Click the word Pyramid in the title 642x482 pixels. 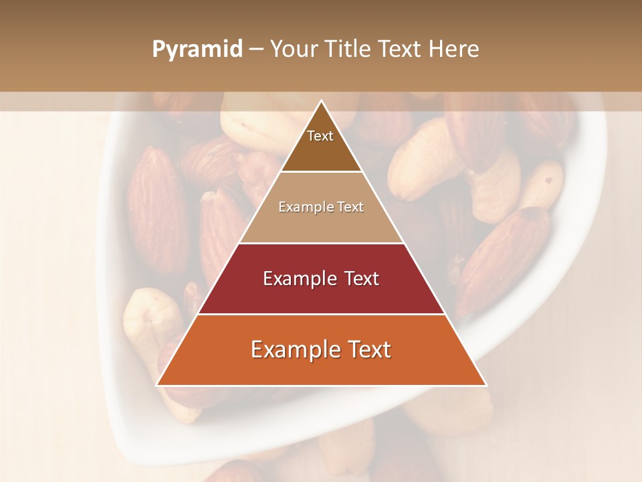197,50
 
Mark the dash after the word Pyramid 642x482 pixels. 255,50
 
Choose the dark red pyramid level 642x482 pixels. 321,295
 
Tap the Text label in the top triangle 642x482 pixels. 320,136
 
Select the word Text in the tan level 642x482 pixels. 351,208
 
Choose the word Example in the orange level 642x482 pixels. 292,349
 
